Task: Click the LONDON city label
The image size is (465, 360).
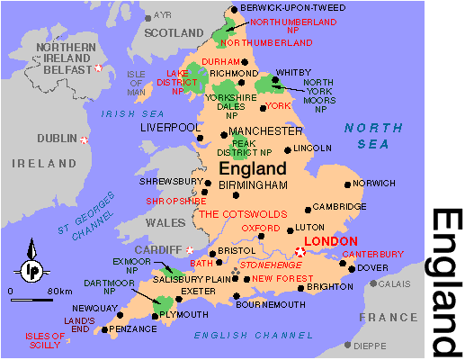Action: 332,241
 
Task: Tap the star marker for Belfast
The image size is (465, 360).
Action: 99,69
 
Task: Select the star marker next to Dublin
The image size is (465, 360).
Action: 84,139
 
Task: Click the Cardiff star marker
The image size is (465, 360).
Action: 190,248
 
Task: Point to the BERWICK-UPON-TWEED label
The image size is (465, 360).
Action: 284,7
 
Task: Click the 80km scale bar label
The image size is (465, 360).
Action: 60,292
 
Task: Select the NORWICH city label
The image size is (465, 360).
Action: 373,183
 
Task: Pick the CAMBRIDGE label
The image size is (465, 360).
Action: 340,206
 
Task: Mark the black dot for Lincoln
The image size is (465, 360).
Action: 288,149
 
